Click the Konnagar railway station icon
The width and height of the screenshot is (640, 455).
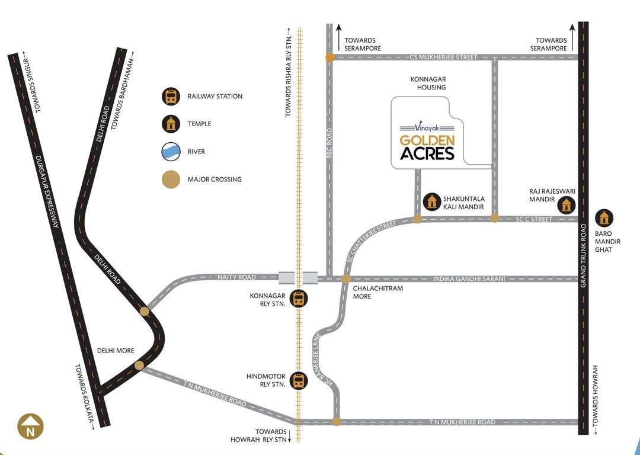pyautogui.click(x=300, y=299)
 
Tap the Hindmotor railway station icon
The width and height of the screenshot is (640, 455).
pyautogui.click(x=300, y=380)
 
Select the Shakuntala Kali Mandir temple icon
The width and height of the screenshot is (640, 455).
pyautogui.click(x=434, y=202)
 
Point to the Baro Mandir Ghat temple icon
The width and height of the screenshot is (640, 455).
pyautogui.click(x=604, y=218)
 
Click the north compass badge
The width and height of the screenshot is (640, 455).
pyautogui.click(x=30, y=428)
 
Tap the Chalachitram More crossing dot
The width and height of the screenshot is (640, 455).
pyautogui.click(x=346, y=278)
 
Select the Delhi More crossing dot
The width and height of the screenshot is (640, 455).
pyautogui.click(x=139, y=366)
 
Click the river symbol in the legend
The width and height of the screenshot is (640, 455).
pyautogui.click(x=171, y=152)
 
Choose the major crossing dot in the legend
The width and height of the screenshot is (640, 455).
pyautogui.click(x=171, y=179)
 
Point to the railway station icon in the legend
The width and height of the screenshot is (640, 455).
pyautogui.click(x=171, y=96)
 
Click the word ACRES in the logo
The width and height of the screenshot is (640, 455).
pyautogui.click(x=427, y=154)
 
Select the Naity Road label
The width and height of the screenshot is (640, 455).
pyautogui.click(x=236, y=277)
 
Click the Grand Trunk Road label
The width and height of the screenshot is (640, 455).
pyautogui.click(x=584, y=256)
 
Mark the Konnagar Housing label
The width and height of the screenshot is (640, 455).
pyautogui.click(x=428, y=83)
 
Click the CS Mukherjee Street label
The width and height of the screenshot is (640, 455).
pyautogui.click(x=443, y=57)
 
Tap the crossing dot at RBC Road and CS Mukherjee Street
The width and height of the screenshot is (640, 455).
pyautogui.click(x=330, y=57)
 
